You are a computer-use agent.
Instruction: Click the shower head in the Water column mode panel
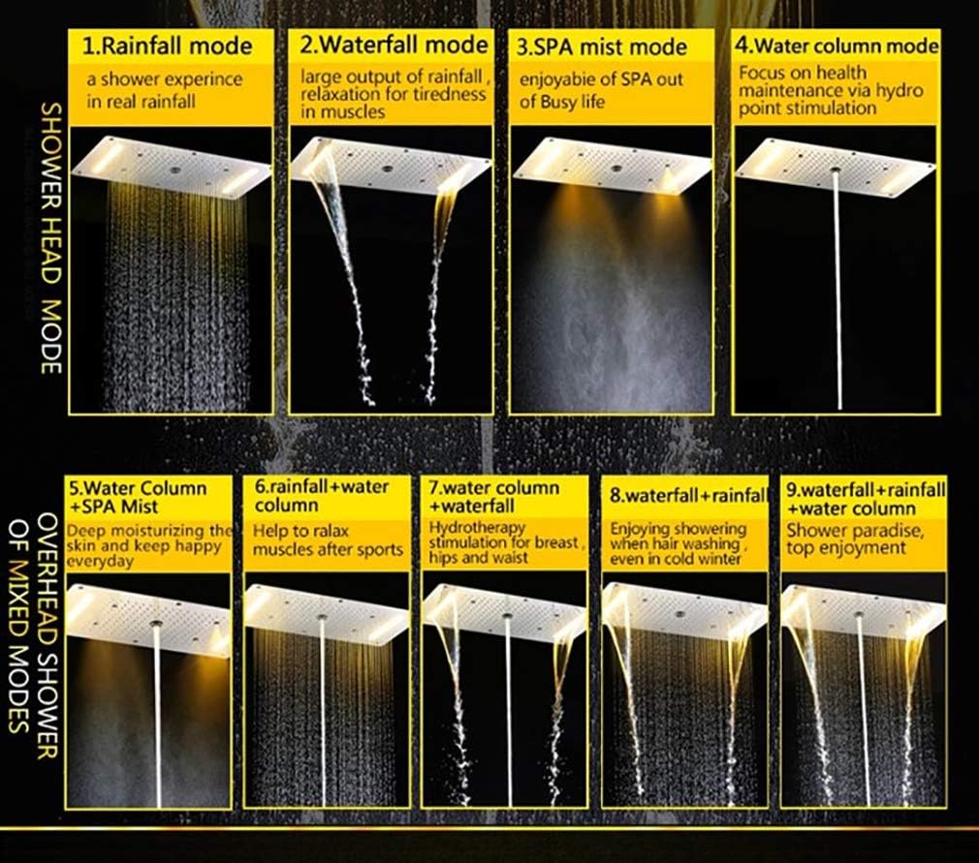pos(836,167)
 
